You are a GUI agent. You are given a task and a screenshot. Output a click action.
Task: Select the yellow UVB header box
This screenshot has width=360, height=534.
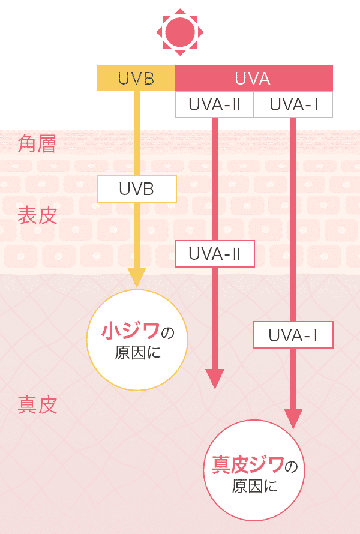136,79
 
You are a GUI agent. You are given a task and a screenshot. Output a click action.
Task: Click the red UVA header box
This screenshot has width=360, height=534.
253,79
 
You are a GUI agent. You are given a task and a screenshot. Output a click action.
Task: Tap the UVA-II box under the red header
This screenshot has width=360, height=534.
214,105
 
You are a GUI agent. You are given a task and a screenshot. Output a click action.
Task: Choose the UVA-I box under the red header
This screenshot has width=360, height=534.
293,105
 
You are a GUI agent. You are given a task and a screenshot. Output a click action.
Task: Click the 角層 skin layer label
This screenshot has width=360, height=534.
37,145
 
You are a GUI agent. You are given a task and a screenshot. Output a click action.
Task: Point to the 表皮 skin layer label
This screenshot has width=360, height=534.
37,215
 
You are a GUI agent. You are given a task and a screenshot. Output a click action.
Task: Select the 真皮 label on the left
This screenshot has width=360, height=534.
37,406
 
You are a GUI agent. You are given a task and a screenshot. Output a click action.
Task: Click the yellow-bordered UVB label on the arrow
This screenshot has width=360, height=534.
137,188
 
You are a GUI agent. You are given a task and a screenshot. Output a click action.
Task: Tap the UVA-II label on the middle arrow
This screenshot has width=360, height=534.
214,254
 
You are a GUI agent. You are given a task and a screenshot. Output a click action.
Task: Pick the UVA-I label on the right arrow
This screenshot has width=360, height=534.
293,335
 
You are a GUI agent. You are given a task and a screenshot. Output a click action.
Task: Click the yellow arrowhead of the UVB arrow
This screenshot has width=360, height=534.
137,277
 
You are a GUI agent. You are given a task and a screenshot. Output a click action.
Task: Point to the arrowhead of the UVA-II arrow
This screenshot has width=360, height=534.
214,379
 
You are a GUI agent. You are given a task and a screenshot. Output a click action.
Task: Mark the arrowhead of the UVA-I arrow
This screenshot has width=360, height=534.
293,418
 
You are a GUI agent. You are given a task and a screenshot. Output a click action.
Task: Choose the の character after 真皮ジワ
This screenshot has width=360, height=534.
290,466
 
